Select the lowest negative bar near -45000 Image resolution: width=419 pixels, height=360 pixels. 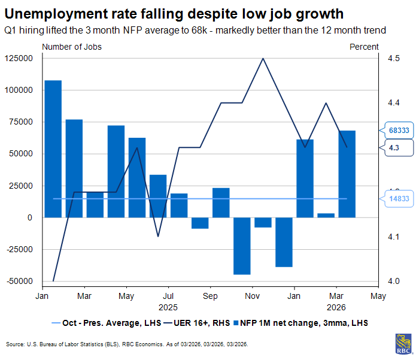(x=242, y=246)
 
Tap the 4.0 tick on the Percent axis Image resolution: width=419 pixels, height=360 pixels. (x=393, y=281)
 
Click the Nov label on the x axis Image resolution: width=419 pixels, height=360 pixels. (x=253, y=296)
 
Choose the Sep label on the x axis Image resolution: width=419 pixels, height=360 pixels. (x=210, y=296)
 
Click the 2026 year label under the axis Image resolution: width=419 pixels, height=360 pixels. (x=336, y=307)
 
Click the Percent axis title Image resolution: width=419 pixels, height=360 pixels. (x=364, y=47)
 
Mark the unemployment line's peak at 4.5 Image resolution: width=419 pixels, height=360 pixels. (x=263, y=58)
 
